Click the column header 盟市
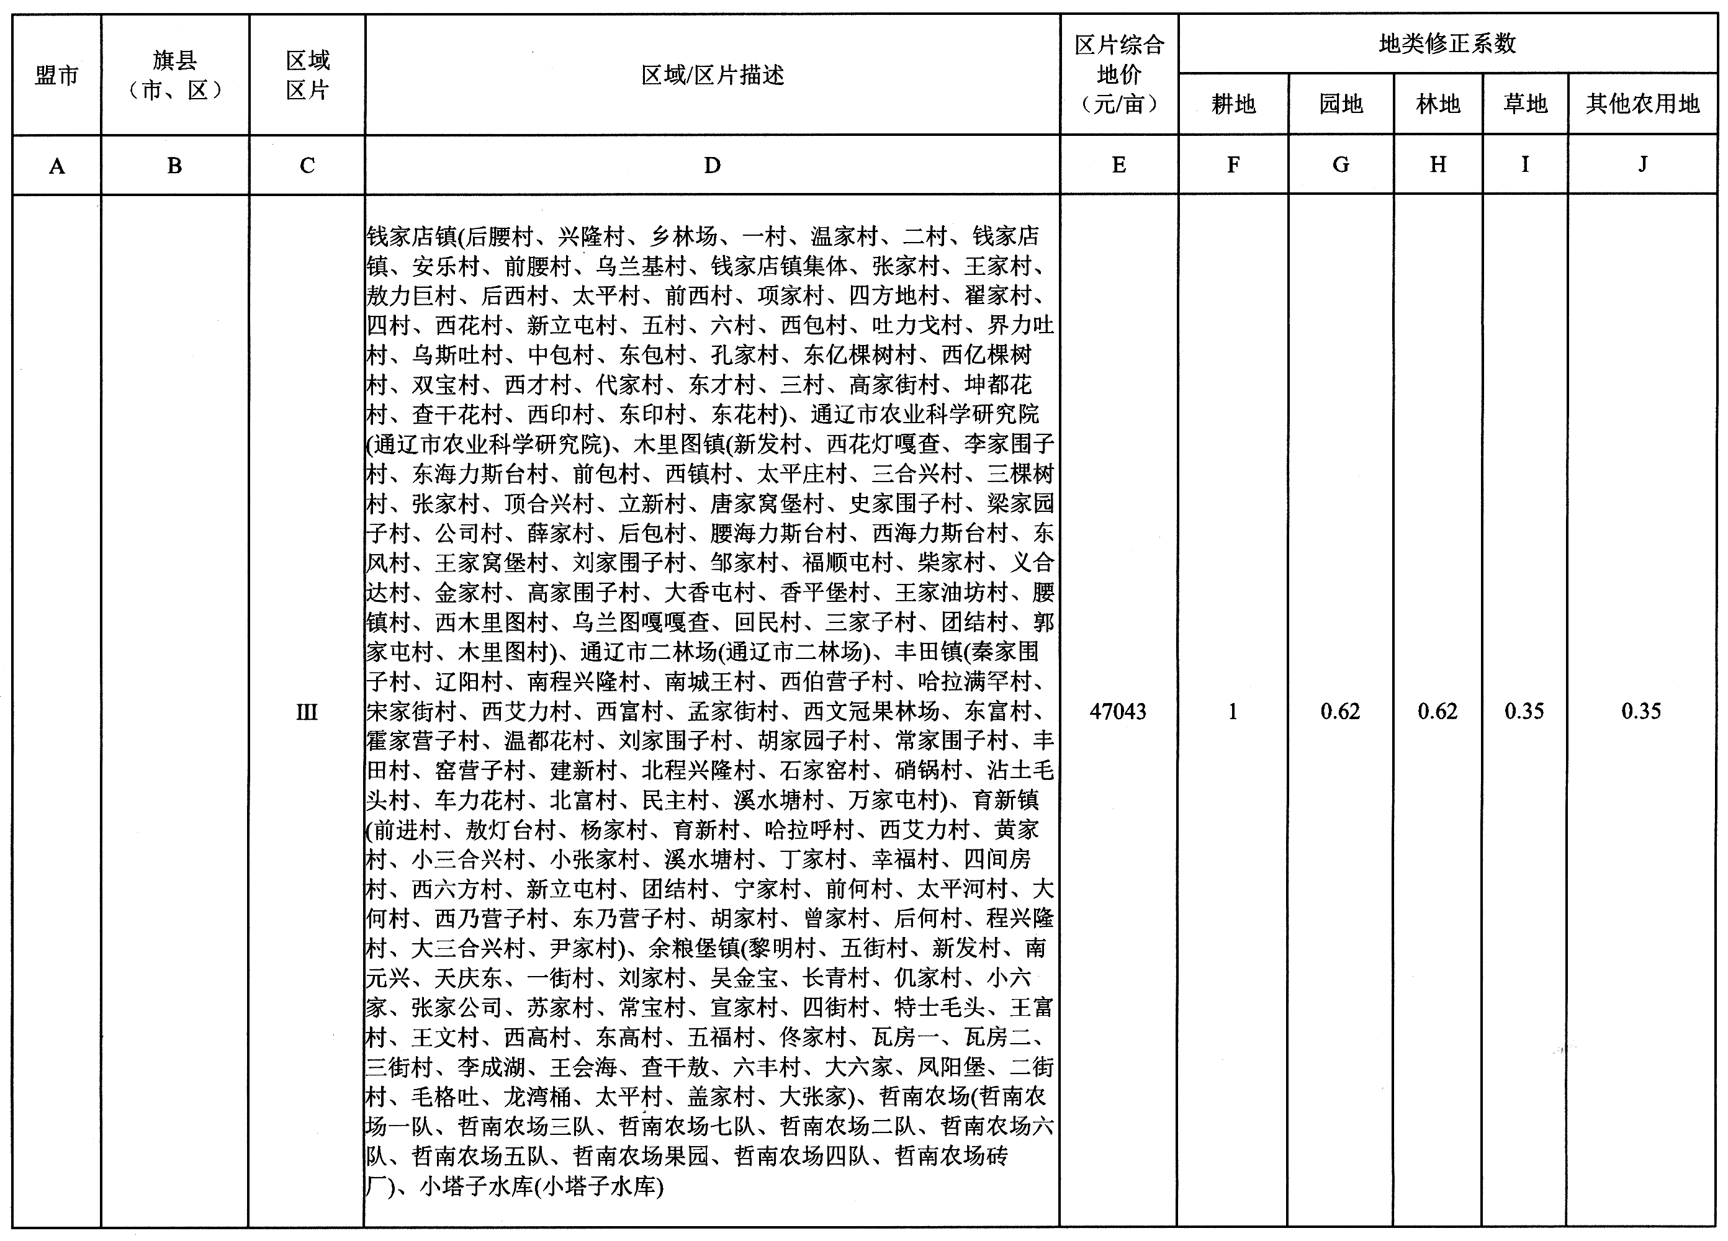click(56, 76)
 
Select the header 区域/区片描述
click(713, 76)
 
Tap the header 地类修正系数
click(1447, 44)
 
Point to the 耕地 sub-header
click(1233, 104)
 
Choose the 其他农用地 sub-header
click(1643, 104)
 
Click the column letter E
click(1118, 165)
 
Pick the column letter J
click(1643, 164)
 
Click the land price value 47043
click(1118, 712)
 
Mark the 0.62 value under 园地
click(1340, 712)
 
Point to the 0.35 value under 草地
click(1524, 712)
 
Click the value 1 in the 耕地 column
click(1232, 712)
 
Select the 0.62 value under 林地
click(1437, 712)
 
